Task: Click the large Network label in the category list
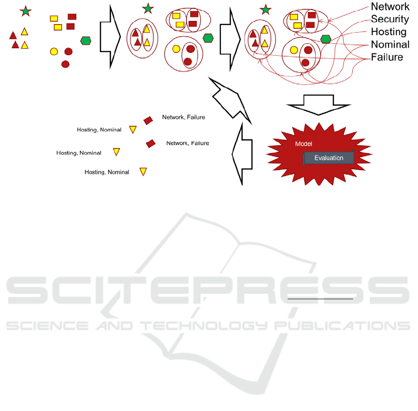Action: (390, 6)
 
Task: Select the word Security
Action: (390, 19)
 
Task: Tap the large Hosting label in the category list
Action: (388, 32)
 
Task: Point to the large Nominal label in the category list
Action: (390, 45)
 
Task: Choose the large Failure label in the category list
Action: (387, 58)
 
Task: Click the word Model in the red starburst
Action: (303, 144)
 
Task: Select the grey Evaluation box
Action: (328, 158)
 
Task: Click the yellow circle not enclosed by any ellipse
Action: (54, 51)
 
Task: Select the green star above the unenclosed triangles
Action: (26, 11)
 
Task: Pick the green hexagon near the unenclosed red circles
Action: (86, 41)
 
